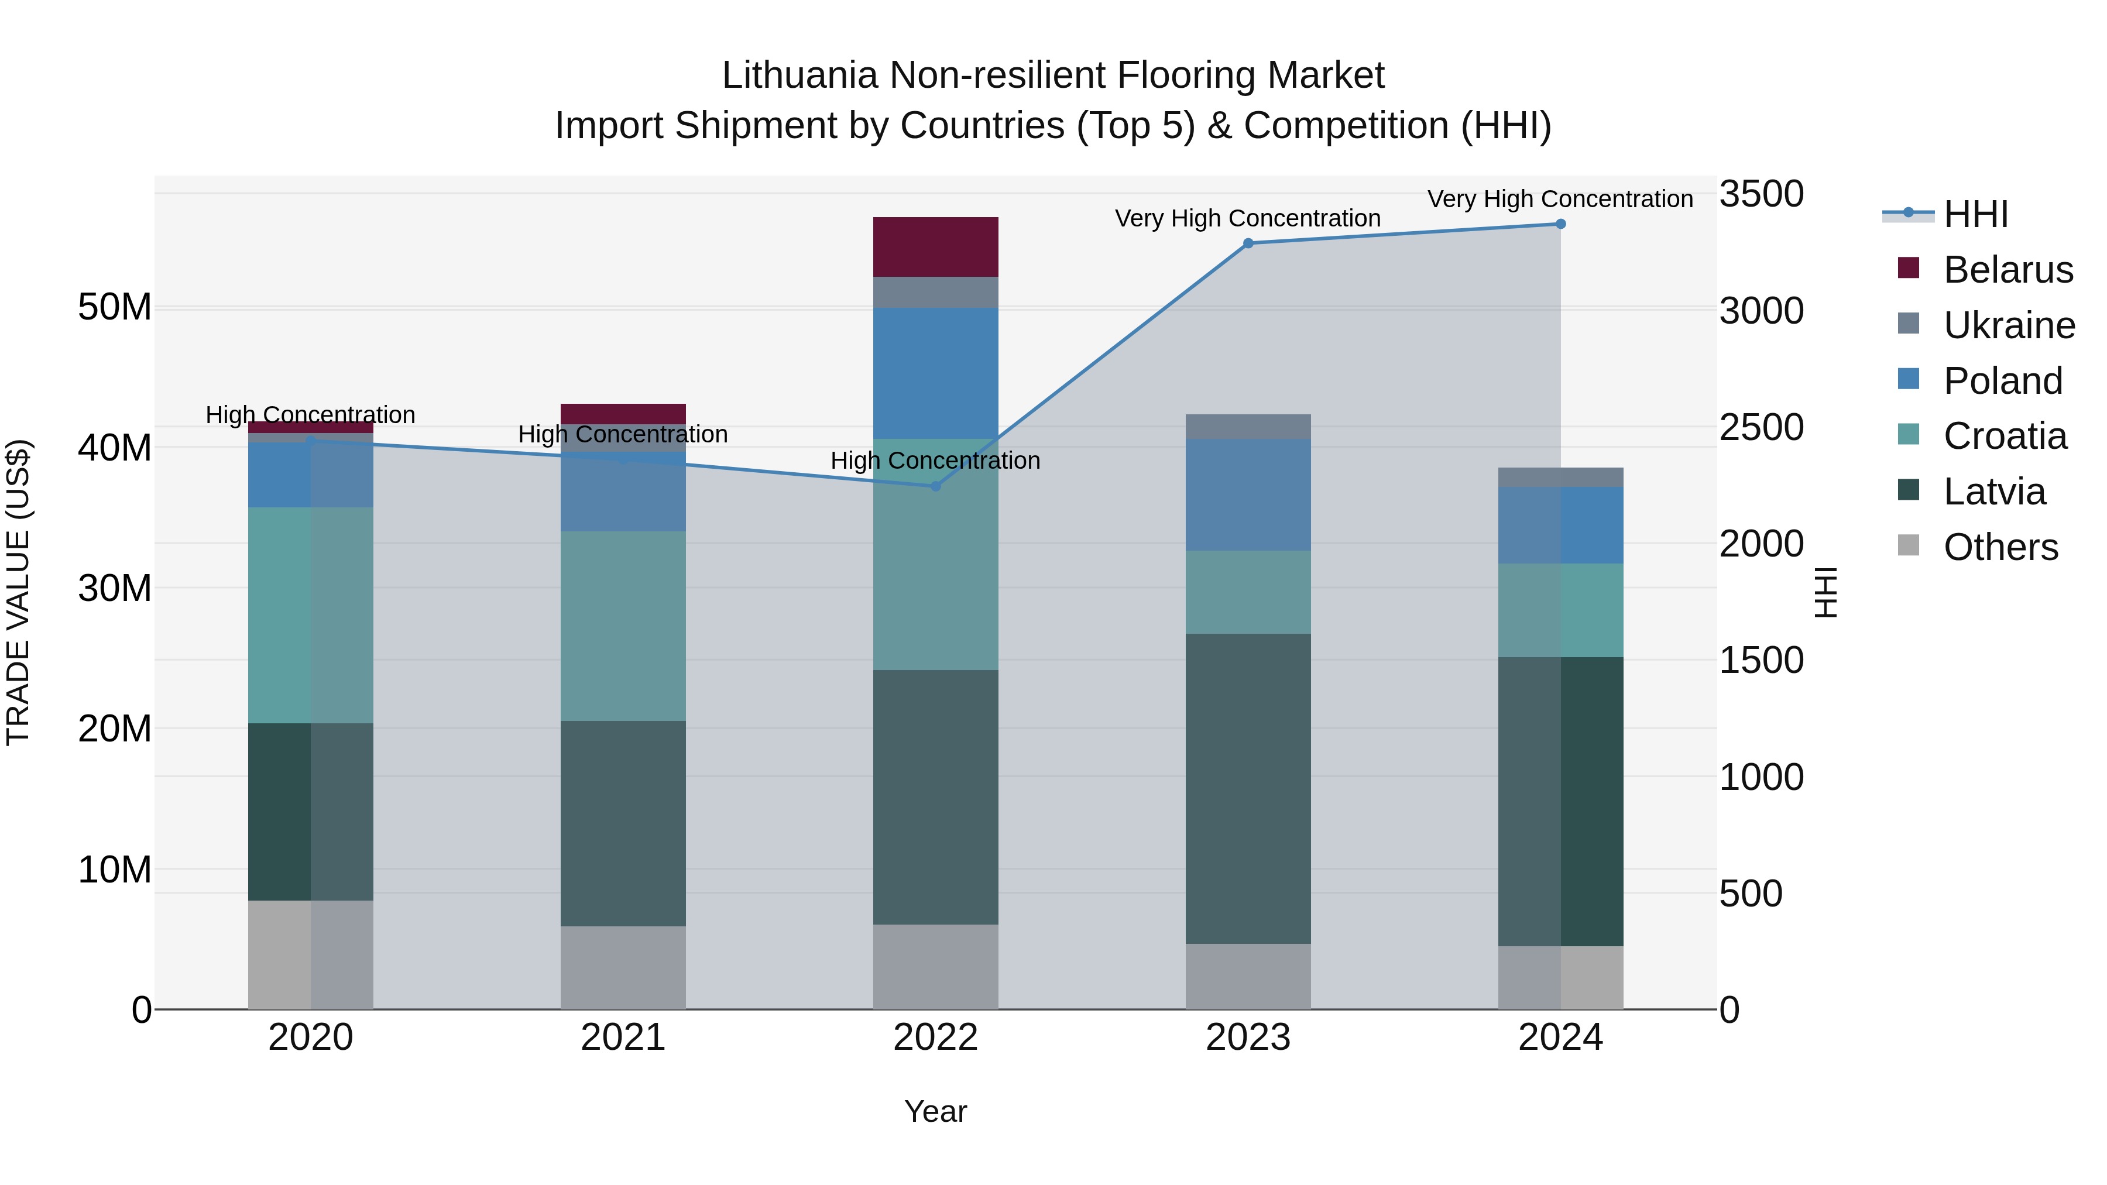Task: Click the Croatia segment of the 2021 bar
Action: (623, 626)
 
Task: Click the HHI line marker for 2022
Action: (936, 486)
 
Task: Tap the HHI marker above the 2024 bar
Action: (1560, 224)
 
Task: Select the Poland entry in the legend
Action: (2002, 381)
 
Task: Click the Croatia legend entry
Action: (2004, 436)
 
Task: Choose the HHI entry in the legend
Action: (1975, 214)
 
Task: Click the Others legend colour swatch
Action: (1907, 545)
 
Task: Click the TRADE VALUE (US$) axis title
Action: (18, 592)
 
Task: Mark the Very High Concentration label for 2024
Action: (1560, 199)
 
